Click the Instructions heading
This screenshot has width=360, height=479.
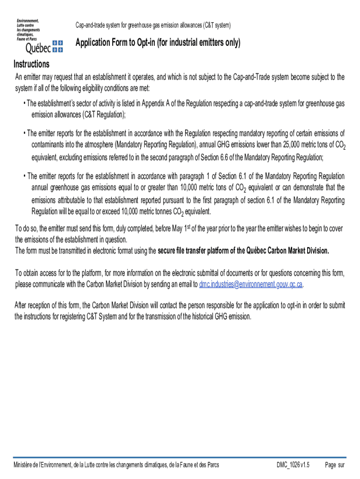pos(31,64)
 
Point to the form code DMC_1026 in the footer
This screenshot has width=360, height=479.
pos(288,465)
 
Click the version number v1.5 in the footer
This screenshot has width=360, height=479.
pos(305,465)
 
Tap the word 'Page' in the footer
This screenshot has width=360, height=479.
pos(331,465)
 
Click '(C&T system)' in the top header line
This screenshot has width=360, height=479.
pos(216,25)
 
